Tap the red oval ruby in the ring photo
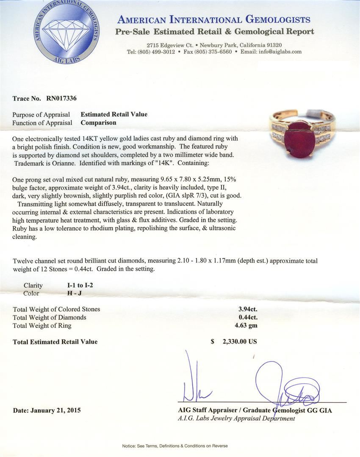(299, 139)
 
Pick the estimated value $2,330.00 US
(234, 341)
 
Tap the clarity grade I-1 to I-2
(78, 285)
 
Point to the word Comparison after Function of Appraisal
(98, 123)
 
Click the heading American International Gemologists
(213, 19)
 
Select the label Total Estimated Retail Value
(55, 341)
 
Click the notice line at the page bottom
(175, 446)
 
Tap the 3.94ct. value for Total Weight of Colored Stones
(248, 309)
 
